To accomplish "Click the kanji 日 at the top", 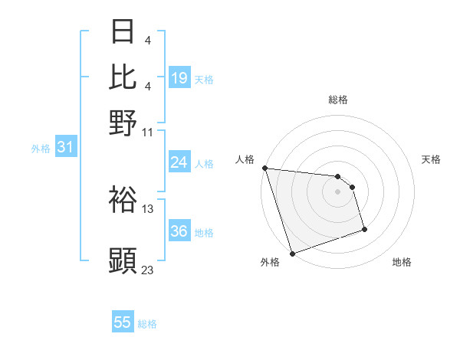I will pos(123,32).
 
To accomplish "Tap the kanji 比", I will pos(123,77).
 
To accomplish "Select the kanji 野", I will pos(123,123).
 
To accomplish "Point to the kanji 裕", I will pos(123,201).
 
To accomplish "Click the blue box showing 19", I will pos(179,78).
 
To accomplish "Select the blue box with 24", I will pos(179,162).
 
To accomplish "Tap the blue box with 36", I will pos(179,232).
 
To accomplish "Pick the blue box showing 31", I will pos(65,147).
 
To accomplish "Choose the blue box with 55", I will pos(123,322).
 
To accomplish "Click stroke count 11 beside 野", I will pos(148,131).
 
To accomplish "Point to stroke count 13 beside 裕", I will pos(148,209).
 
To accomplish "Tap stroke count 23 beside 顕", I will pos(148,269).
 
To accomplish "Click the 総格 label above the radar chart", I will pos(337,100).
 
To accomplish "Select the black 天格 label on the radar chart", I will pos(431,159).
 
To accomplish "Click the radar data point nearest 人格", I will pos(264,168).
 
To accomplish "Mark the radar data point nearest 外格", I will pos(292,254).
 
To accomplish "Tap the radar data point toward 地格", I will pos(364,229).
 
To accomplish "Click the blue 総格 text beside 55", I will pos(147,324).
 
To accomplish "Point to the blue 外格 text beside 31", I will pos(41,149).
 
